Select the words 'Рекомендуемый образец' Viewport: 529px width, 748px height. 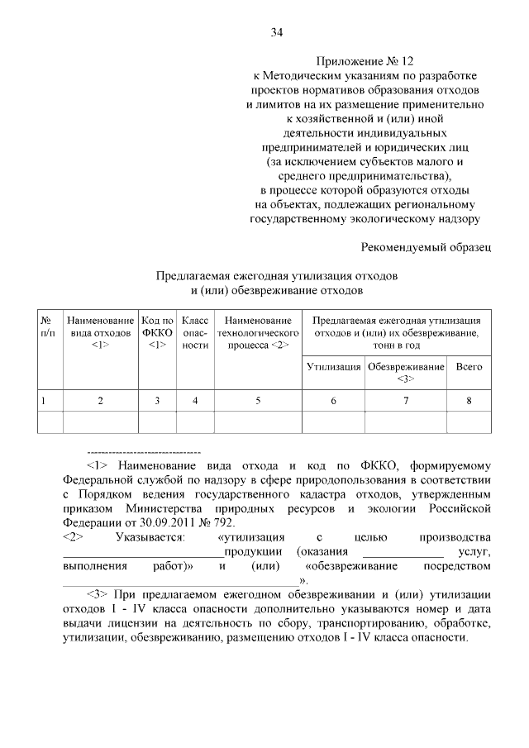[x=427, y=246]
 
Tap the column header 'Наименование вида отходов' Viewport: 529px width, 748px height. [x=100, y=331]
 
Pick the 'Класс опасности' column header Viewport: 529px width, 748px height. [x=195, y=331]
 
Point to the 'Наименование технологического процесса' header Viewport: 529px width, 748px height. [x=258, y=331]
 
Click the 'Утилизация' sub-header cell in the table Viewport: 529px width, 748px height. [x=333, y=366]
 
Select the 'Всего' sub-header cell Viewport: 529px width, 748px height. [x=469, y=366]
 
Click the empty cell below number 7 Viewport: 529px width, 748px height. [x=405, y=422]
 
